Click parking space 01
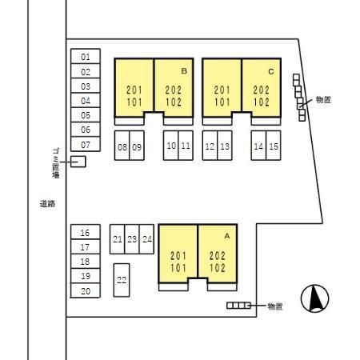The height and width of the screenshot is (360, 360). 86,56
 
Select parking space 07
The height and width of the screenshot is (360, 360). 86,144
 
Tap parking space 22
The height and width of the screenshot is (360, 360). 122,280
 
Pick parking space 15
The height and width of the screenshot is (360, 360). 274,146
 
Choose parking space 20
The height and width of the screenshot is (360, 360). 86,290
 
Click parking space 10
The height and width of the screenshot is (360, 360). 171,146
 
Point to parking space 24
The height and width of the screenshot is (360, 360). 146,239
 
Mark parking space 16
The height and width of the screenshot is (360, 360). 86,232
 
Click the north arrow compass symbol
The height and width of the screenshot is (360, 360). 314,298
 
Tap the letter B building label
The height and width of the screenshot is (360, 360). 184,71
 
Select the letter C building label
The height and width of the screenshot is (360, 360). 271,71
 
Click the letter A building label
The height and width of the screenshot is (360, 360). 227,236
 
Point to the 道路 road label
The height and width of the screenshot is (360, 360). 47,204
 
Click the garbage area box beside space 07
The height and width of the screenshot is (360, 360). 78,162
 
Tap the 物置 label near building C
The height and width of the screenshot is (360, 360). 323,100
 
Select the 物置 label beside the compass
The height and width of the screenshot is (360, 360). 275,306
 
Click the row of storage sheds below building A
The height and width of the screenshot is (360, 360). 238,306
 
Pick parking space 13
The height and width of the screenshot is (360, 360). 225,146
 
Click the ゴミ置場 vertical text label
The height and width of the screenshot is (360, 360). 56,163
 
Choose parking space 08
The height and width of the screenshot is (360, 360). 122,146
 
